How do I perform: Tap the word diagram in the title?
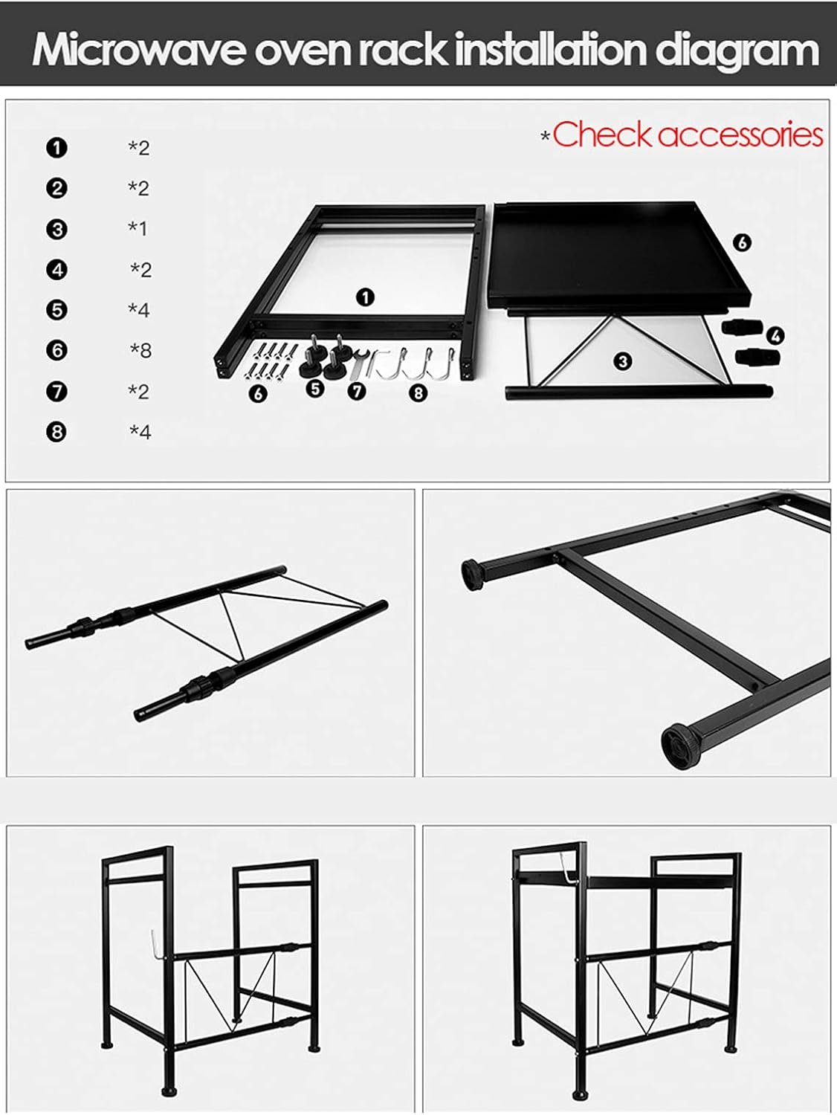pos(737,51)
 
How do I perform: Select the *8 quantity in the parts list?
pos(140,350)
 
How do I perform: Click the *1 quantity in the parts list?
pos(137,228)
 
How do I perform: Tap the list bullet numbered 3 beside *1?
pos(56,229)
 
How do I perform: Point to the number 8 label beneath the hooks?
pos(418,392)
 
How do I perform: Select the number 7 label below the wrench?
pos(357,391)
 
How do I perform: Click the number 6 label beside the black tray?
pos(742,243)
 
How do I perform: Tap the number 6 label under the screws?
pos(258,394)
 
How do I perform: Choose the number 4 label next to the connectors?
pos(775,335)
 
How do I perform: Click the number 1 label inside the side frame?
pos(365,297)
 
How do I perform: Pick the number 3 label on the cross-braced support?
pos(623,361)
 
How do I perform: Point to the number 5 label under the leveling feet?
pos(315,389)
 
